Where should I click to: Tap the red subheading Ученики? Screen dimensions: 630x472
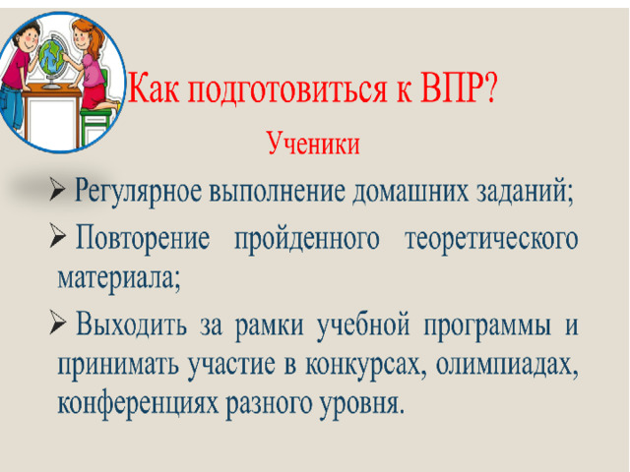point(313,144)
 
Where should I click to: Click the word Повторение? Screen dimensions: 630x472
point(143,238)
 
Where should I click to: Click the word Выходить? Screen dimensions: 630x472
point(131,324)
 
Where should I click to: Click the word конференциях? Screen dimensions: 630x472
point(138,404)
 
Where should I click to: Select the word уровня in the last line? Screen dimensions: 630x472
point(361,404)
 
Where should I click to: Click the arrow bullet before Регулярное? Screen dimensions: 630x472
point(57,190)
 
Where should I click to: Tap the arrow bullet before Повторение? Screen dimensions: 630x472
point(58,237)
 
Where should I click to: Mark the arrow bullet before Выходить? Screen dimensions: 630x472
point(57,323)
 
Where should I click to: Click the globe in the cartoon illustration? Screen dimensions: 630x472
point(52,60)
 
